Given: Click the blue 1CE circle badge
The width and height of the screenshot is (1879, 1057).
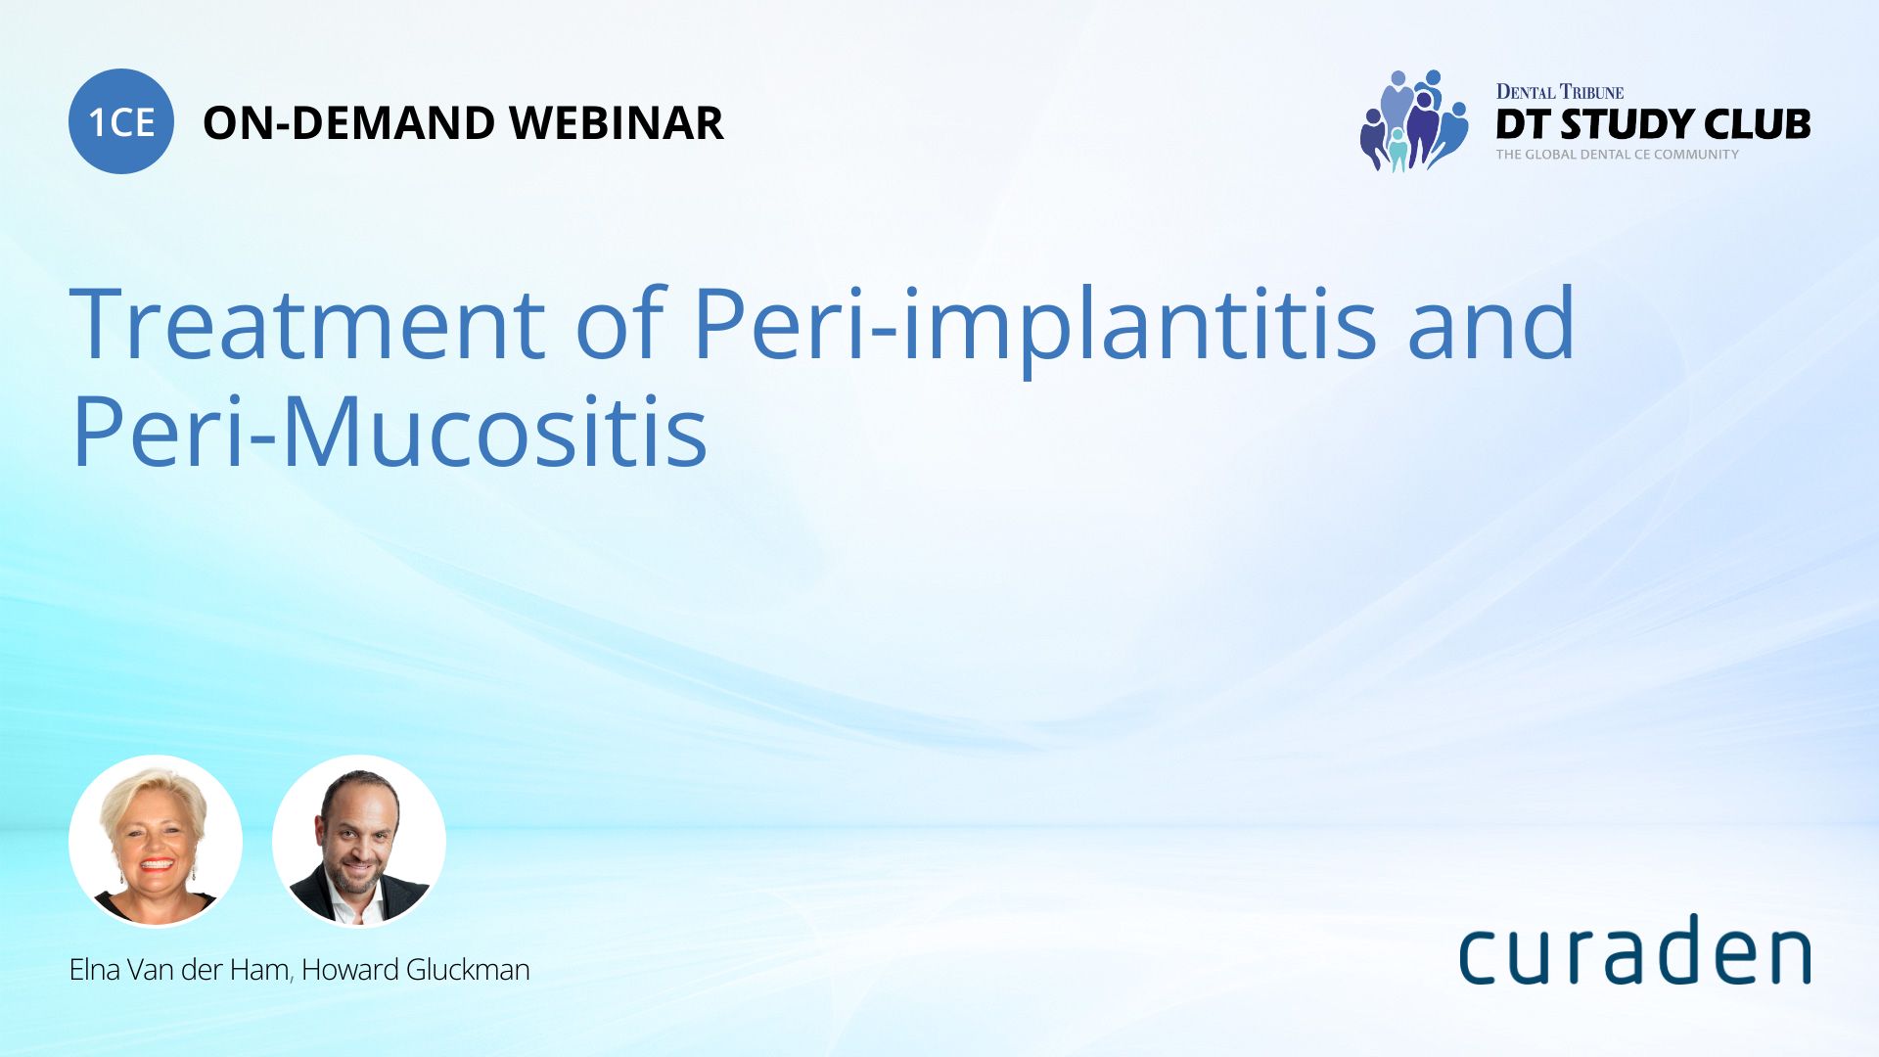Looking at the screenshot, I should tap(121, 121).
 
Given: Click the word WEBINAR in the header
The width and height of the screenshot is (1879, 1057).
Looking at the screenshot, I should tap(616, 123).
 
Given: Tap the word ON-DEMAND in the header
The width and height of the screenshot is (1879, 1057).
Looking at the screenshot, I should tap(348, 123).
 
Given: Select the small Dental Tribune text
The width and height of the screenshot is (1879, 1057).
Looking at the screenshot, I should tap(1559, 92).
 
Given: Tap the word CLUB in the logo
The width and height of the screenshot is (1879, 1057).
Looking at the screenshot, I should tap(1757, 124).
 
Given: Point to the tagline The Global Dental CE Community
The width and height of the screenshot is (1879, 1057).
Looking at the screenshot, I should tap(1617, 155).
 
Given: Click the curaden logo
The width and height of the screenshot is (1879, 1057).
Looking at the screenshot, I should tap(1634, 951).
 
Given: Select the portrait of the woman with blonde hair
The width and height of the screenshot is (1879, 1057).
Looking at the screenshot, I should tap(156, 840).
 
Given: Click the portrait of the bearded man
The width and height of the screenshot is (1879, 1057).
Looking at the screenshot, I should tap(358, 840).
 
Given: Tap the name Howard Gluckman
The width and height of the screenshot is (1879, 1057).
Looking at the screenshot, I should tap(415, 970).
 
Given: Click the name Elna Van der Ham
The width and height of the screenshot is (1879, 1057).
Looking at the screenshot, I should tap(179, 970).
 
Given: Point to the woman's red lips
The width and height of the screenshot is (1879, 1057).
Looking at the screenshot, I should tap(157, 865).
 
